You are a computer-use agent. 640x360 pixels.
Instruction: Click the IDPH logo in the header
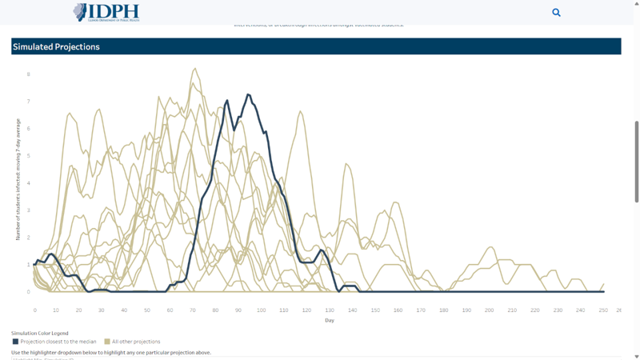coord(106,12)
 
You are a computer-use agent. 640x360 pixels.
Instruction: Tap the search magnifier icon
coord(556,12)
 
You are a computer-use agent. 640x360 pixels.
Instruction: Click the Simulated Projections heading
coord(56,46)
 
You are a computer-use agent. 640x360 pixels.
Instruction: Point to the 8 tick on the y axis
coord(29,74)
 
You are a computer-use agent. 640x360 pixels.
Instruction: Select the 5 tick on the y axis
coord(29,156)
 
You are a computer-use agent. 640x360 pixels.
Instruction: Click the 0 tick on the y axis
coord(29,292)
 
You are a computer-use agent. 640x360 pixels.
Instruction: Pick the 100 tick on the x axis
coord(261,310)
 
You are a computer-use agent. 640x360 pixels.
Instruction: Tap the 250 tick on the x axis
coord(603,310)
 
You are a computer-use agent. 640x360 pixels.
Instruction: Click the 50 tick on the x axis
coord(147,310)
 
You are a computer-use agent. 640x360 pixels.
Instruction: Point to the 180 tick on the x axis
coord(443,310)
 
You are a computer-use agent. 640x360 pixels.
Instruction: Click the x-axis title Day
coord(330,321)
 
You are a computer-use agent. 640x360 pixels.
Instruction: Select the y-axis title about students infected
coord(18,179)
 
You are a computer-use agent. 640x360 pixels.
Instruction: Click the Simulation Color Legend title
coord(40,333)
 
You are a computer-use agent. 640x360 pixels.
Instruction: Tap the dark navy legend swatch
coord(15,342)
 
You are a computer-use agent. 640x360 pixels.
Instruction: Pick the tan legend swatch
coord(107,342)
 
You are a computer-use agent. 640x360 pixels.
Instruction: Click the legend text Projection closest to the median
coord(58,342)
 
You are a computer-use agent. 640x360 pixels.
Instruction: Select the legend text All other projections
coord(136,342)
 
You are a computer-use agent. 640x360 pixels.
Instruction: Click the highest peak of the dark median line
coord(249,94)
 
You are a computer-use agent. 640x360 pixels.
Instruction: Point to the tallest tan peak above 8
coord(194,69)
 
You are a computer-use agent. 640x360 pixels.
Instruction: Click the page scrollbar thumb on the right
coord(637,160)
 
